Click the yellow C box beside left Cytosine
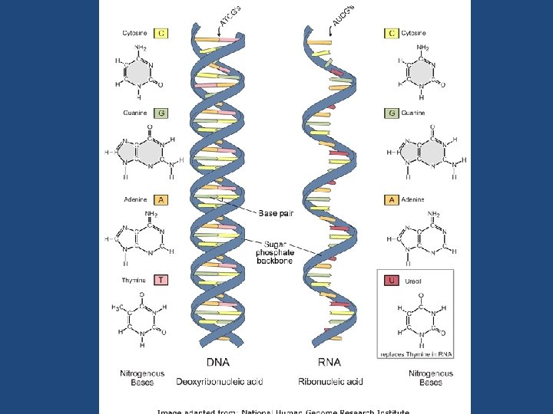pos(161,33)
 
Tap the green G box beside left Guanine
pos(161,113)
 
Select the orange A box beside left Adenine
pos(161,199)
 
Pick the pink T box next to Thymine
pos(161,280)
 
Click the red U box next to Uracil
pos(392,281)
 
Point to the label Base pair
pos(276,213)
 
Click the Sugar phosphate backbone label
pos(275,249)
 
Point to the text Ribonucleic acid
pos(330,381)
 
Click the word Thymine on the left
pos(134,280)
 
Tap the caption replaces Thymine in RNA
pos(417,353)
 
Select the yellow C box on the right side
pos(392,33)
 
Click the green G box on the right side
pos(392,113)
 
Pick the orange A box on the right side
pos(392,199)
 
